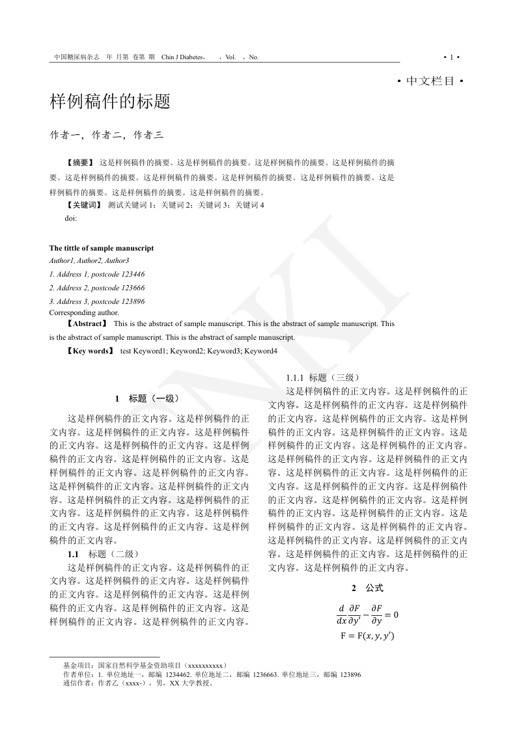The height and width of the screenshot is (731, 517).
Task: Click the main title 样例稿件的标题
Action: click(x=110, y=102)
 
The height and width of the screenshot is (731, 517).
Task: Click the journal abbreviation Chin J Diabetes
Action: click(x=184, y=57)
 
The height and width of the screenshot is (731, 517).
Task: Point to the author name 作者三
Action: click(x=148, y=135)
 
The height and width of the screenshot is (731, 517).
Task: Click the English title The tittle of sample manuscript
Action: click(x=102, y=248)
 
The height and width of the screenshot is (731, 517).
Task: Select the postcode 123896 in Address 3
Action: click(x=133, y=301)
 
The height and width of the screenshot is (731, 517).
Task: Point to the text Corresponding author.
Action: click(x=84, y=312)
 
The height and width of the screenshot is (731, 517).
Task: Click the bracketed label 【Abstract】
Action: click(x=86, y=324)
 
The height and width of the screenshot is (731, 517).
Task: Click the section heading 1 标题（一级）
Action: click(x=147, y=398)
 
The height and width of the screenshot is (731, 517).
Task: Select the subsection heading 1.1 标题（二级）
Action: click(x=103, y=554)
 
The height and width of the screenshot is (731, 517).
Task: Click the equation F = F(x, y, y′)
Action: click(x=367, y=637)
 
